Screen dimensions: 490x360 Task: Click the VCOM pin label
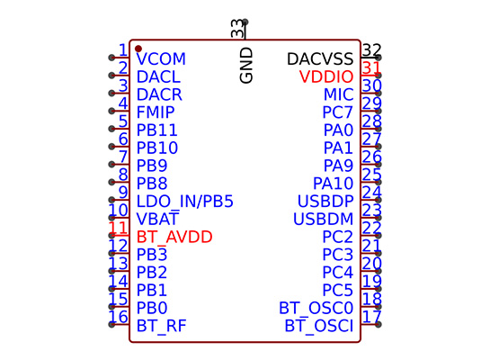(161, 58)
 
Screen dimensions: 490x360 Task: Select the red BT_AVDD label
(174, 237)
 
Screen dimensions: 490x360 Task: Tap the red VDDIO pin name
(326, 76)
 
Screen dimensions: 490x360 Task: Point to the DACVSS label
(320, 58)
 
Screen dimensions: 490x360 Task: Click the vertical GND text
(246, 66)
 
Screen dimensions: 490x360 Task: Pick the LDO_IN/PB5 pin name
(184, 202)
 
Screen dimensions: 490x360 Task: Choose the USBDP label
(325, 201)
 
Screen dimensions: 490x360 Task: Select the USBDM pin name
(323, 219)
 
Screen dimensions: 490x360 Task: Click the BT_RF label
(161, 326)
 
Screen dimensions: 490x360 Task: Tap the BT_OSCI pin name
(319, 326)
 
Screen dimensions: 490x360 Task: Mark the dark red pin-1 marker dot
(138, 49)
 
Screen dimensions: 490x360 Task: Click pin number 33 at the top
(237, 29)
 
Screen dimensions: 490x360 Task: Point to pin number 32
(372, 50)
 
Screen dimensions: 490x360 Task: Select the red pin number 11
(118, 228)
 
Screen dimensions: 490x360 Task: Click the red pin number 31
(371, 67)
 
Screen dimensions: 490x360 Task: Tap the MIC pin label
(338, 94)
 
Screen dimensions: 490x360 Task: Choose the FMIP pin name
(156, 112)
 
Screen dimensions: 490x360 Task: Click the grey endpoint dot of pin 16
(111, 324)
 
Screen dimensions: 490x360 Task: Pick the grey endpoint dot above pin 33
(245, 22)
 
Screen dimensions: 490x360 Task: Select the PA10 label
(334, 184)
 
